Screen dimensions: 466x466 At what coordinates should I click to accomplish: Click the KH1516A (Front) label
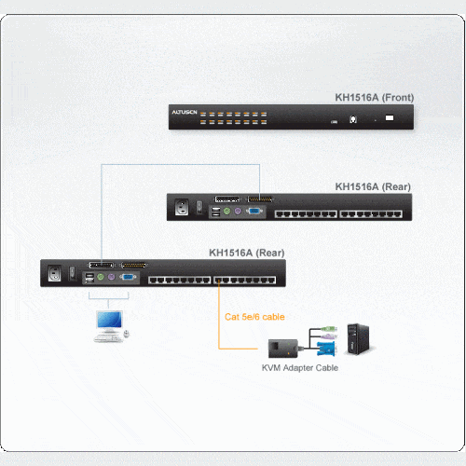point(375,98)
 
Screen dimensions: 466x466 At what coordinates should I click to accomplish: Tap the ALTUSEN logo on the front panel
point(185,112)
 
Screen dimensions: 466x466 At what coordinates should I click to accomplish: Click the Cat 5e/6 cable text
point(254,317)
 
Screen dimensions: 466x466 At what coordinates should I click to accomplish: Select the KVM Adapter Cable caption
point(300,368)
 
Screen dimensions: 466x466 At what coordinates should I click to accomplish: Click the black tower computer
point(359,339)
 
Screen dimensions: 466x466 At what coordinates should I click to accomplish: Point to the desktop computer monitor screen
point(109,320)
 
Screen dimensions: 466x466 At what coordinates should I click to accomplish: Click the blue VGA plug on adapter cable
point(326,349)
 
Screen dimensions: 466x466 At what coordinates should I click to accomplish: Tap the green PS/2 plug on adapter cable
point(329,329)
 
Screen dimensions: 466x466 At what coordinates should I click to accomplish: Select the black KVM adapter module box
point(283,349)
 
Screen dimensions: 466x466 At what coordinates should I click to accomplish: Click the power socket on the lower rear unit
point(54,273)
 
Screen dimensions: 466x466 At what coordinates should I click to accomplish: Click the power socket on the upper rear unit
point(182,207)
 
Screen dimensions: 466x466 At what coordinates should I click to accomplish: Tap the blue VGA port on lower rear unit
point(128,277)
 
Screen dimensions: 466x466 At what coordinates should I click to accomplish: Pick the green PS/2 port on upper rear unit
point(227,212)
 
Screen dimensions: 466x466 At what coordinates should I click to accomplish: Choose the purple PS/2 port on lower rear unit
point(111,277)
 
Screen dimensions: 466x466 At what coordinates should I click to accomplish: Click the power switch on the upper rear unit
point(199,207)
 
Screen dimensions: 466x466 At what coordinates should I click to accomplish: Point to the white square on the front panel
point(390,117)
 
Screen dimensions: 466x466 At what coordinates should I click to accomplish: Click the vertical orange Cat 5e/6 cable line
point(219,314)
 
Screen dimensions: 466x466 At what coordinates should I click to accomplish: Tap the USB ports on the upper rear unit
point(215,212)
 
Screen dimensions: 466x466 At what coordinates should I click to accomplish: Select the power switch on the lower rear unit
point(72,273)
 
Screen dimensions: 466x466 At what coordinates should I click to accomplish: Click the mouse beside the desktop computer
point(127,334)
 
